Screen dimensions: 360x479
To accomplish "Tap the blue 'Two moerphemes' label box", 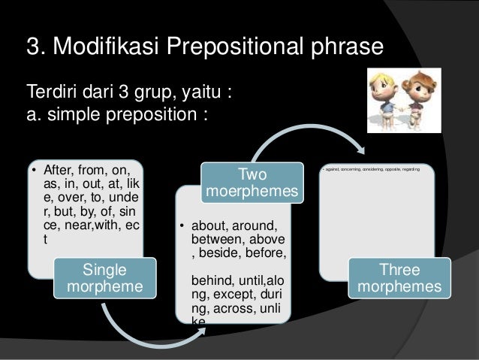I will click(252, 183).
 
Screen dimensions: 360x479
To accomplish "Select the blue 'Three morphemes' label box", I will click(400, 279).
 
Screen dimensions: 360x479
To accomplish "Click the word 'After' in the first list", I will click(60, 169).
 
